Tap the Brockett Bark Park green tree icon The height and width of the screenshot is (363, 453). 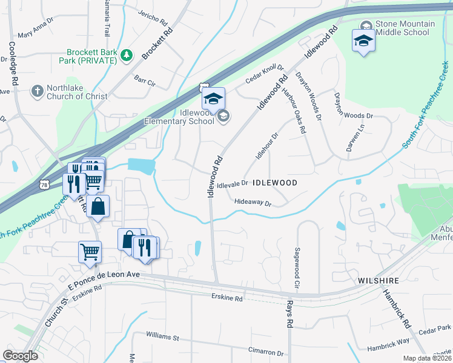click(x=127, y=56)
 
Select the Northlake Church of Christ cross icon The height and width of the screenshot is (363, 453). click(x=37, y=91)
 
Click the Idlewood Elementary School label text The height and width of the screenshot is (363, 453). click(x=179, y=116)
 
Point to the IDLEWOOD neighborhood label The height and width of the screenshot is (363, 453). click(x=274, y=182)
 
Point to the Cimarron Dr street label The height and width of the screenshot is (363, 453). click(x=266, y=352)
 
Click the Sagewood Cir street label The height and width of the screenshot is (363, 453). click(x=297, y=267)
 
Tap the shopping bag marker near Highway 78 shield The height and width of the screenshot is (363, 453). click(x=98, y=206)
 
